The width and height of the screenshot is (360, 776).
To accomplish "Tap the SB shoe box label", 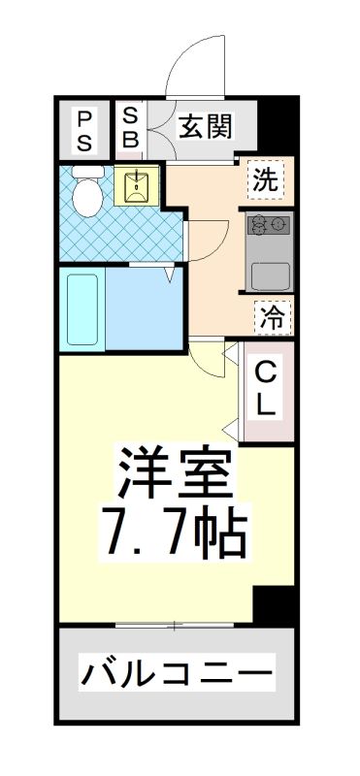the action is click(x=130, y=128).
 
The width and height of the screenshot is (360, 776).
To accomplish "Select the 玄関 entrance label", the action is click(x=205, y=126).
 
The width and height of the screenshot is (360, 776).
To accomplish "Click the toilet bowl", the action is click(x=87, y=192).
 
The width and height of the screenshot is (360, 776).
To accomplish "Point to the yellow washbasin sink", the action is click(x=136, y=185).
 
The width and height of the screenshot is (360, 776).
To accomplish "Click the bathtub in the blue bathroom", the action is click(x=82, y=309).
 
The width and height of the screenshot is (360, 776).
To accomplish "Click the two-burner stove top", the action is click(x=269, y=226).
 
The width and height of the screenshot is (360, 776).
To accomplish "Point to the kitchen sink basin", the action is click(x=270, y=276).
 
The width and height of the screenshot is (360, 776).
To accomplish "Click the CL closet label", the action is click(x=267, y=391).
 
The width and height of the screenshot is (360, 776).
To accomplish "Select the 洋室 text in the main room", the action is click(x=175, y=472).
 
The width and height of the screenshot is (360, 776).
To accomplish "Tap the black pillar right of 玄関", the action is click(x=277, y=124).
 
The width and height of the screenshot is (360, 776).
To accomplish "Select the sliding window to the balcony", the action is click(x=175, y=626).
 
